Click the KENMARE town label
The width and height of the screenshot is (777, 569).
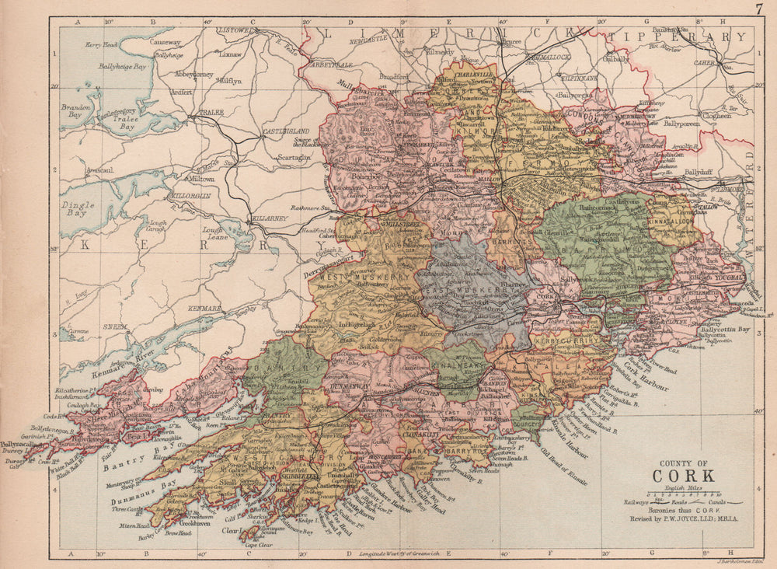click(x=203, y=309)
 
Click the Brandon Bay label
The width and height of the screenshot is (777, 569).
click(x=77, y=109)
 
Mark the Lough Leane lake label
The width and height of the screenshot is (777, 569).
click(x=213, y=232)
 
